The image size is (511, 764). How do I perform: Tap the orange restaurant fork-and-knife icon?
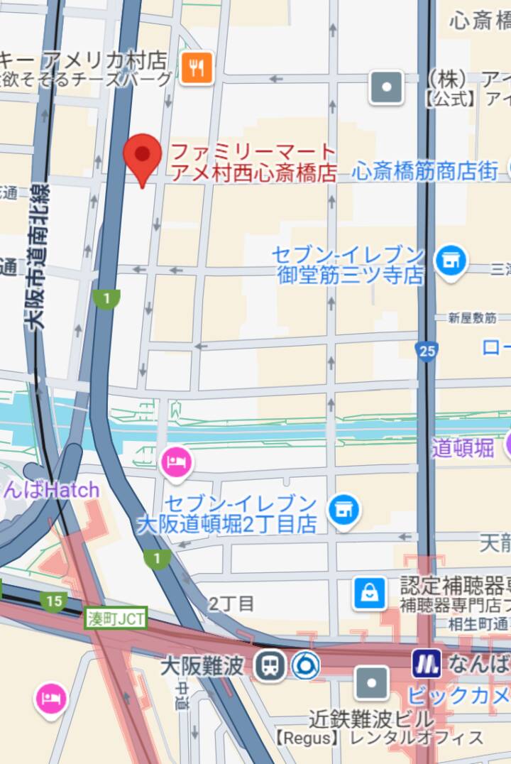(197, 68)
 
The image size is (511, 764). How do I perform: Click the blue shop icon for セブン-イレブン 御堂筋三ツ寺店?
(450, 261)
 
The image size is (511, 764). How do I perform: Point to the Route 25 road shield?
(427, 349)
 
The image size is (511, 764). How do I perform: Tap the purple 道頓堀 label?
(462, 448)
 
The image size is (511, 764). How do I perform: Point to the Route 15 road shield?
(53, 601)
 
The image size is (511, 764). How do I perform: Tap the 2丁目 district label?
(231, 604)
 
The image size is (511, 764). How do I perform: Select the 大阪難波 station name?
(202, 666)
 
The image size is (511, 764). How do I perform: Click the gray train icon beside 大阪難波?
(270, 666)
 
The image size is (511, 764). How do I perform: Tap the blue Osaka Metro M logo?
(427, 664)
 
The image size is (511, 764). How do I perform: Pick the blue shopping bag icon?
(370, 593)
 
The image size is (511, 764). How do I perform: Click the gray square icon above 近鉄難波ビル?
(372, 682)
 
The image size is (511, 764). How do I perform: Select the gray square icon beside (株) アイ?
(387, 87)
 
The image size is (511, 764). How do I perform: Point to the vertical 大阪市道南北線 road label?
(37, 256)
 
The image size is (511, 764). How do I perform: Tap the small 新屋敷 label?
(471, 318)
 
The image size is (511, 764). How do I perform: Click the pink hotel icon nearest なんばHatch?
(177, 462)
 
